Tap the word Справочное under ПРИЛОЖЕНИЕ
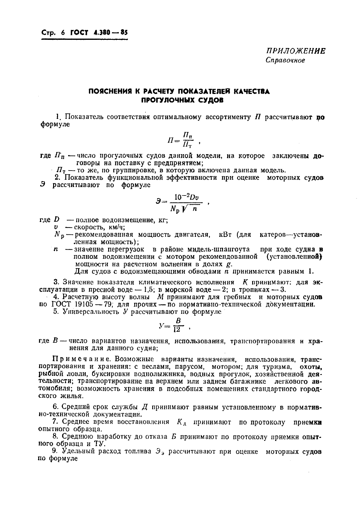285,60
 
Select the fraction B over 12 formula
178,326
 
